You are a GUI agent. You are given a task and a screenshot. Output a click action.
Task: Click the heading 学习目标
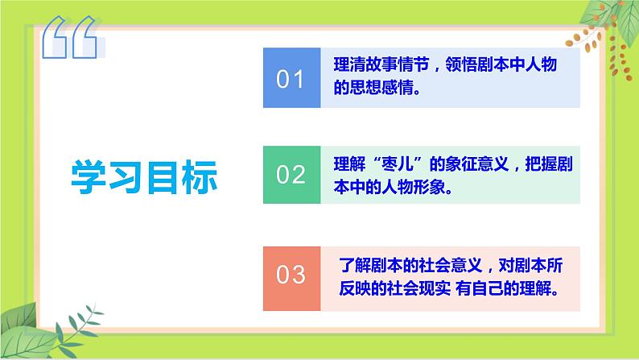click(x=145, y=176)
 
